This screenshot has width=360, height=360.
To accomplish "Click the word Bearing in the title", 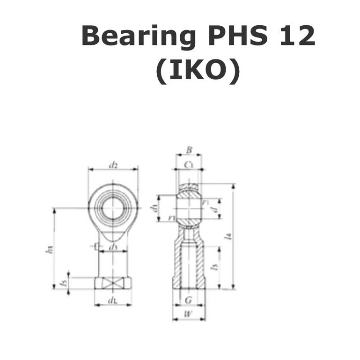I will point(139,37).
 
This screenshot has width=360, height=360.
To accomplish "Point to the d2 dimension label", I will point(113,165).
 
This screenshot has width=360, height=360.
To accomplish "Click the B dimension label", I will point(189,150).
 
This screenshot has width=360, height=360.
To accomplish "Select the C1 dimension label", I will point(189,164).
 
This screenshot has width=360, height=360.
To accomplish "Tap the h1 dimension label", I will point(49,250).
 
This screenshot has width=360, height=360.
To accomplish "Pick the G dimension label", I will point(188,300).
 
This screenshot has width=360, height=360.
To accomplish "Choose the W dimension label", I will point(188,314).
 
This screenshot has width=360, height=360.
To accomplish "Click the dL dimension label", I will point(112,301).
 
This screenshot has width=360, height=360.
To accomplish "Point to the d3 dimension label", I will point(113,247).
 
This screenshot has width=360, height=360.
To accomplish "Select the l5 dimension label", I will point(65,283).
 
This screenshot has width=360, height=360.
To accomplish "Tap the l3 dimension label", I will point(214,267).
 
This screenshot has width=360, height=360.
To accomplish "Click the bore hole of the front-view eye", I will point(112,208).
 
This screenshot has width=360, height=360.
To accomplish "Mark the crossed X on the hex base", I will point(113,283).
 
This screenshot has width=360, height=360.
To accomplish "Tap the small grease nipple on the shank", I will point(96,246).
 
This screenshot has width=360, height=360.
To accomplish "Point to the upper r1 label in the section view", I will point(205,202).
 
